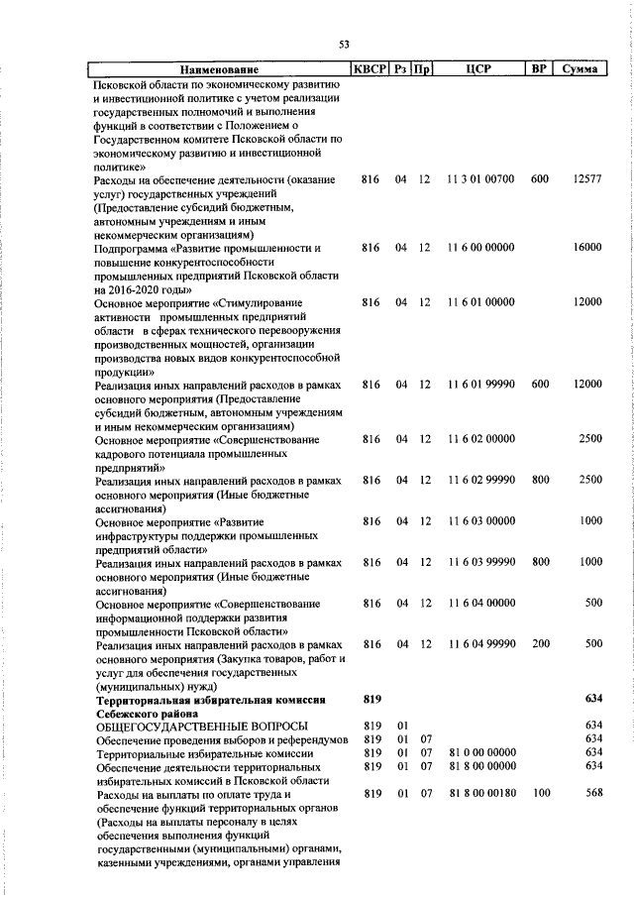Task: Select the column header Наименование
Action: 219,70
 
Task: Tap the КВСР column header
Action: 370,70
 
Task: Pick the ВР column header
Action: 539,70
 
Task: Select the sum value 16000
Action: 586,248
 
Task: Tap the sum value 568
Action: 593,793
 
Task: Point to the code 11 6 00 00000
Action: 480,248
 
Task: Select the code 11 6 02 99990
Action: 480,480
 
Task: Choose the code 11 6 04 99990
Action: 480,644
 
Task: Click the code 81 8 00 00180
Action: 480,793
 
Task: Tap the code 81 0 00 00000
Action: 480,753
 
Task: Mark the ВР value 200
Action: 540,644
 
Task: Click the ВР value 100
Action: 540,793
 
